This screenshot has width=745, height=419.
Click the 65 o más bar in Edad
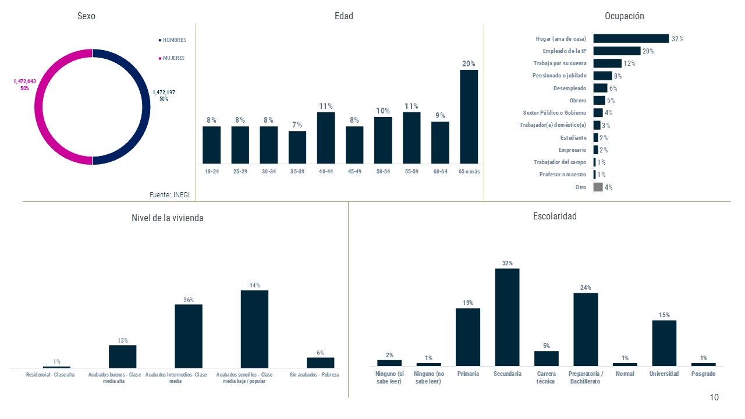[469, 116]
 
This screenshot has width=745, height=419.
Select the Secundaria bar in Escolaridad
[507, 317]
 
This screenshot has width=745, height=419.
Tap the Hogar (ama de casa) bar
[631, 39]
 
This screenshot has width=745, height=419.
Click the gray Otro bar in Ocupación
[598, 187]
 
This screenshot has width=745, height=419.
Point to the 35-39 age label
[297, 172]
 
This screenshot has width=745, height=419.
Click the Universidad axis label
[664, 374]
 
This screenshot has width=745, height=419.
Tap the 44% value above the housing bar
[254, 285]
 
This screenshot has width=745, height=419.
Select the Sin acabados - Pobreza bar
[320, 363]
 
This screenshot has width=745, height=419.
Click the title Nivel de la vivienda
[168, 218]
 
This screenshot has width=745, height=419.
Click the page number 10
[714, 397]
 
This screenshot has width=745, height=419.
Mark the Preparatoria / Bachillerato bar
[586, 329]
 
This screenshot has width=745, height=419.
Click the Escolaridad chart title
[555, 216]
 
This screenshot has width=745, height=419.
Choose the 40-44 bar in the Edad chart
[326, 138]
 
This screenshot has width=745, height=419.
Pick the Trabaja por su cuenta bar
[608, 63]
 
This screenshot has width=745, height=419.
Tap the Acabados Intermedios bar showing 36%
[189, 336]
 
